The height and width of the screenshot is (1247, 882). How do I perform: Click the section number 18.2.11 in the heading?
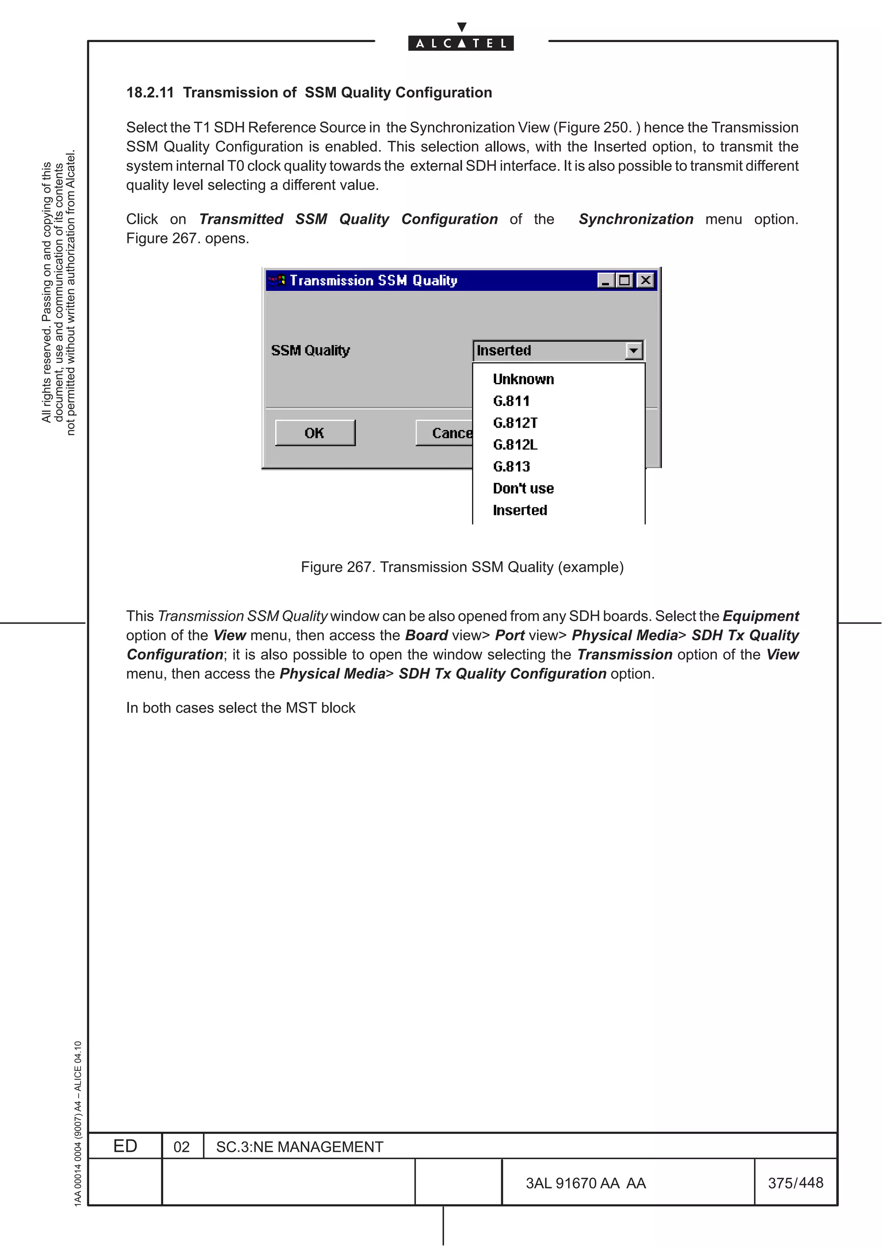pos(150,93)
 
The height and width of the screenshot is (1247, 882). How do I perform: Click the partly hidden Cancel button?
pos(444,433)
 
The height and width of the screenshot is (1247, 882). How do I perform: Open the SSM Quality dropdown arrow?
pos(633,351)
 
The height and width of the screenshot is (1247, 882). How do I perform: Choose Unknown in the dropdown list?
pos(523,379)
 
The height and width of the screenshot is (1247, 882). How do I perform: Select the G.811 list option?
pos(511,401)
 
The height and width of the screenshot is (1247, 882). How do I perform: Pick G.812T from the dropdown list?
pos(515,423)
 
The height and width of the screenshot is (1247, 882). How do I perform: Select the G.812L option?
pos(515,445)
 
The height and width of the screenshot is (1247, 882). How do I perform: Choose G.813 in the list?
pos(511,466)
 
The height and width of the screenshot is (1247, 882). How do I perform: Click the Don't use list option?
pos(523,488)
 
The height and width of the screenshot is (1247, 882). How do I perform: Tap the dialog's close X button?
pos(645,280)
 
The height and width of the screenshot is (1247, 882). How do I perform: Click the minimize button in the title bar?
pos(606,280)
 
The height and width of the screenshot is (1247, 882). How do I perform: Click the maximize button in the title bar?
pos(625,280)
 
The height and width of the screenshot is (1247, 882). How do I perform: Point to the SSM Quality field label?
pos(311,350)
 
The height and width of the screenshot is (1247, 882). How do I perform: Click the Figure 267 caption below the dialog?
pos(462,567)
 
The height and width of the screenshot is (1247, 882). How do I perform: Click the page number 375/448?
pos(795,1182)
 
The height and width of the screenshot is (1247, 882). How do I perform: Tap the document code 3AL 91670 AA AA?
pos(585,1183)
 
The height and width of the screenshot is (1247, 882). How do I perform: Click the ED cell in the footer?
pos(125,1146)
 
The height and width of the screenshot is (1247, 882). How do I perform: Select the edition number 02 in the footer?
pos(181,1147)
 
